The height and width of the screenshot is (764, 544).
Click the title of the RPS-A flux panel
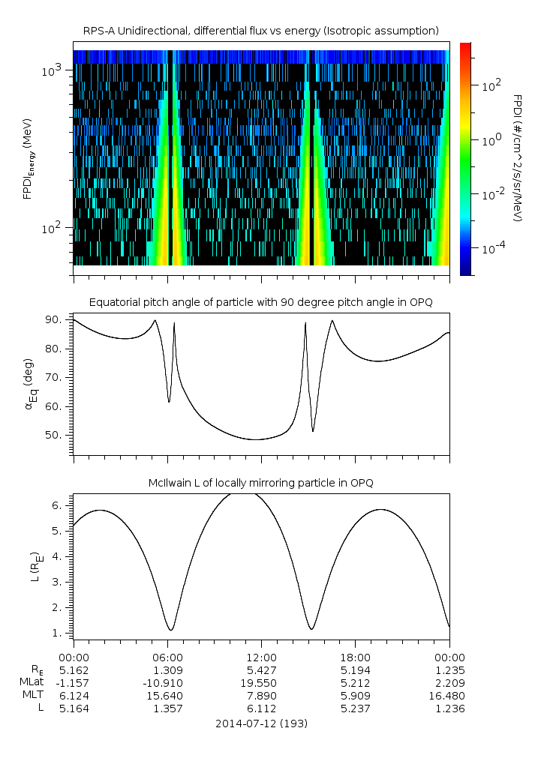pos(260,31)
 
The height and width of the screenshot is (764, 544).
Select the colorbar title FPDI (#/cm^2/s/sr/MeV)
pos(517,158)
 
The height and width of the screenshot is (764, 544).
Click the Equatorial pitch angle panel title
pos(260,302)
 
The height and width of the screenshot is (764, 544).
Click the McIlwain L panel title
pos(260,483)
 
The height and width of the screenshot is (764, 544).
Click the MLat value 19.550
pos(261,682)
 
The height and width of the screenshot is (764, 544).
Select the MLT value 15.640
pos(167,696)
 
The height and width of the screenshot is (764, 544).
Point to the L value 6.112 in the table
pos(261,709)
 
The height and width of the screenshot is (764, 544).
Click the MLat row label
pos(32,682)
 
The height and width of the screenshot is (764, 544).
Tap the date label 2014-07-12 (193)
pos(261,724)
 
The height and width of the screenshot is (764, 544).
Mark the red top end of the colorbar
pos(466,46)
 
